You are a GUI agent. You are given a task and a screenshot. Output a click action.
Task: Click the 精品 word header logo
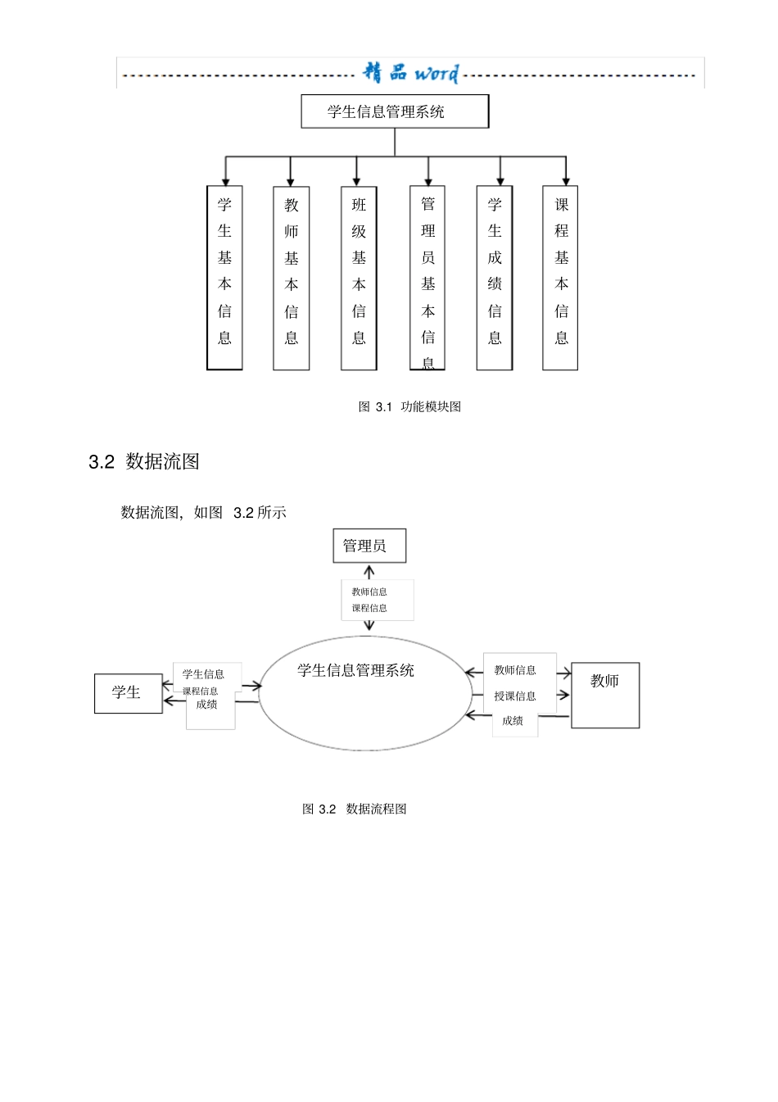[411, 74]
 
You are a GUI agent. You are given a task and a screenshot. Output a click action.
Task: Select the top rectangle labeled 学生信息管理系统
[395, 111]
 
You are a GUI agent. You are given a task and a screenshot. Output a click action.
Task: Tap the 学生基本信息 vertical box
[224, 278]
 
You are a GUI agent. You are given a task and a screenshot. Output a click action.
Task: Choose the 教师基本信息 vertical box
[292, 278]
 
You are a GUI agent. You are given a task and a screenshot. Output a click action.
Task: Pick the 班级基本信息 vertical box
[359, 278]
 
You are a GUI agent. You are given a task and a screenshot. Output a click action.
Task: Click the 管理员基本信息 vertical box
[427, 278]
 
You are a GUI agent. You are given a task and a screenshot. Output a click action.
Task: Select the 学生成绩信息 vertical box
[495, 278]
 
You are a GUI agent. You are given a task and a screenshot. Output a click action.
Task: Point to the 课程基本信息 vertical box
[561, 278]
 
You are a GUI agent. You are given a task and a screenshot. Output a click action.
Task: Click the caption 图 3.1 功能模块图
[409, 406]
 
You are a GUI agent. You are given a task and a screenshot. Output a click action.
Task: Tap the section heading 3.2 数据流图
[144, 462]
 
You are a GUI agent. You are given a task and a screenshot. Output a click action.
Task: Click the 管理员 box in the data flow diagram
[369, 546]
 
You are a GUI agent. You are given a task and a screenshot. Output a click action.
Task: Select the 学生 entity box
[128, 693]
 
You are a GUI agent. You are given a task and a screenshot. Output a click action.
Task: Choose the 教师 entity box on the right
[605, 695]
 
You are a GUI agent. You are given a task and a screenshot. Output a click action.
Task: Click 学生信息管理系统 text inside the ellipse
[355, 671]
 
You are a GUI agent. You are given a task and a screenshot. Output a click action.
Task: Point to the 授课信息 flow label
[515, 696]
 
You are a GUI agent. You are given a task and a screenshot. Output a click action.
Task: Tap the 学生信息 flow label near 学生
[203, 674]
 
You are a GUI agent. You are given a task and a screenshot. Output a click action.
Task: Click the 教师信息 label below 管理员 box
[369, 592]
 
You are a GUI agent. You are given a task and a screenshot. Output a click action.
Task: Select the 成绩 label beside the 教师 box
[513, 721]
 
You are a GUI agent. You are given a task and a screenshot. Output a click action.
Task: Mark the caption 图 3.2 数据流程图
[355, 809]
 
